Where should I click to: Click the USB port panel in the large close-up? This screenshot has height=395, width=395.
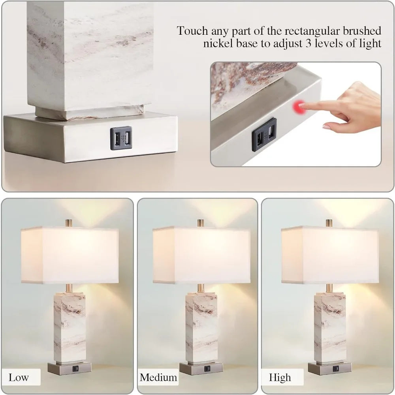click(121, 138)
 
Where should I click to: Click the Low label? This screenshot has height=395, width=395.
click(19, 377)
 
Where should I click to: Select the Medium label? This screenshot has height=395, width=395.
click(158, 377)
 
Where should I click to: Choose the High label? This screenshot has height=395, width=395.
click(280, 377)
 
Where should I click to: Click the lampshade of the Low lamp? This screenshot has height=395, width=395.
click(70, 255)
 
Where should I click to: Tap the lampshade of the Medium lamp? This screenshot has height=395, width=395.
click(201, 255)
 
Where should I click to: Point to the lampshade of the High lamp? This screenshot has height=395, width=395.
click(329, 255)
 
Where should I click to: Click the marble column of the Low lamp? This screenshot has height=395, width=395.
click(70, 326)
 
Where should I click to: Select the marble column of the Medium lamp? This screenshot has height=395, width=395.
click(201, 326)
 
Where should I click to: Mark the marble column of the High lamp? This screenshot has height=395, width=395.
click(330, 326)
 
